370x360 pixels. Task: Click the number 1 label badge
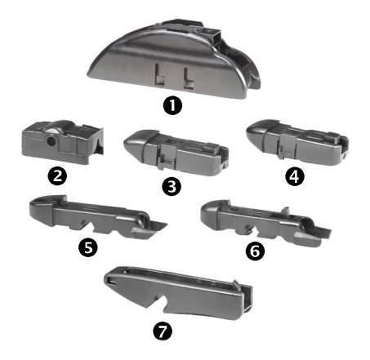[172, 106]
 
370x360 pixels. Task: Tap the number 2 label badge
[57, 176]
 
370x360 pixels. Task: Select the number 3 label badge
[172, 186]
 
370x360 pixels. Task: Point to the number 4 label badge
[295, 176]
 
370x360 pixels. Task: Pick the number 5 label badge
[88, 247]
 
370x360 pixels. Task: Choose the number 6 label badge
[255, 251]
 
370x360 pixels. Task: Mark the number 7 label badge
[163, 331]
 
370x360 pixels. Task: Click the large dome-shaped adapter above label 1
[173, 59]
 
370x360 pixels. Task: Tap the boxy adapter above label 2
[62, 142]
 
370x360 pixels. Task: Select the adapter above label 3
[176, 153]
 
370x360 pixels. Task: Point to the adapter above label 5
[98, 217]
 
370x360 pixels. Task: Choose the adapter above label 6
[265, 223]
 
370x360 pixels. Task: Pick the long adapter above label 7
[179, 293]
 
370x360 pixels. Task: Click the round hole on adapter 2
[51, 140]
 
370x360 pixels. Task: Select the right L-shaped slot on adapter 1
[189, 78]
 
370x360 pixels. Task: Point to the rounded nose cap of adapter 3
[135, 144]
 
